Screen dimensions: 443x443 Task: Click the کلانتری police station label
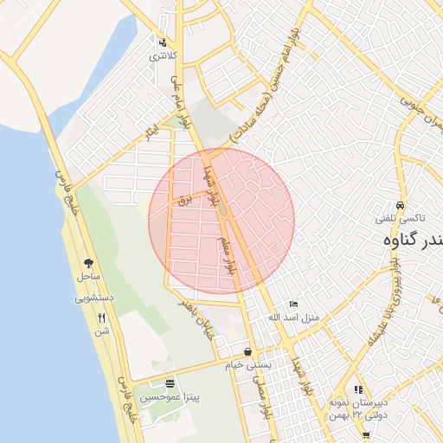163,56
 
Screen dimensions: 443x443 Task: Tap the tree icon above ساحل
87,262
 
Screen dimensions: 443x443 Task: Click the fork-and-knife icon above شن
102,318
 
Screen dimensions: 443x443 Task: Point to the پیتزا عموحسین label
170,398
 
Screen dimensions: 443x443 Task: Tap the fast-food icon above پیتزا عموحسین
169,383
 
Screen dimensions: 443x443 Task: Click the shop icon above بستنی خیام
249,352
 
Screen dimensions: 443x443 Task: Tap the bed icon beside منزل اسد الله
294,305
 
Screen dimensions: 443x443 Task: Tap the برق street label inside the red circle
183,200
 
